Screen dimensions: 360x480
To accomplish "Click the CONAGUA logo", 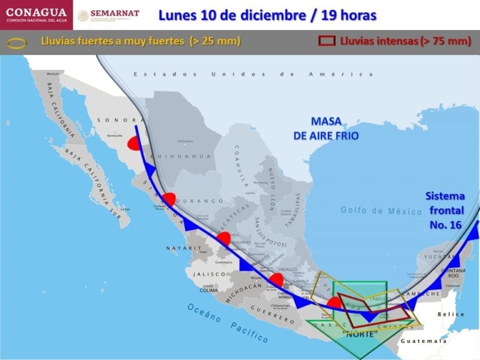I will (x=36, y=15).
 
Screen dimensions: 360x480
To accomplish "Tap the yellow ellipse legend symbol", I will (x=17, y=42).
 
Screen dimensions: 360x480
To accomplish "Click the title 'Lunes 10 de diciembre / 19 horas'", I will (x=267, y=14).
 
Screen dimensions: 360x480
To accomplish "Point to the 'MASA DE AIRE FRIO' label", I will (x=326, y=128).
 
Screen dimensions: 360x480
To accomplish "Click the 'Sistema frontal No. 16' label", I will (x=445, y=209).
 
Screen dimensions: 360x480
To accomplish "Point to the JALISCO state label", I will (x=208, y=274).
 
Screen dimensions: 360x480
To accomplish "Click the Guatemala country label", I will (x=424, y=341).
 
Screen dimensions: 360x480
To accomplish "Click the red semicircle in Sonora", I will (x=133, y=144).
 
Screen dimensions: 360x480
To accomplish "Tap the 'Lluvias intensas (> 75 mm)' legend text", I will (x=405, y=41).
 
